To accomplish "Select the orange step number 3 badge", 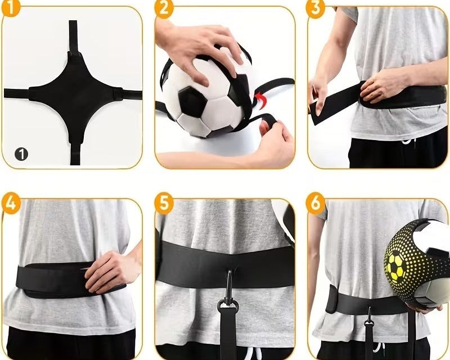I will (x=316, y=8).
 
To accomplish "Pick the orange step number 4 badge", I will (x=11, y=203).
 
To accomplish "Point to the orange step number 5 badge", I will (x=164, y=203).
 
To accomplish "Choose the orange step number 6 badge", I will (x=316, y=203).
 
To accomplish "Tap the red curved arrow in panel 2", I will (x=260, y=99).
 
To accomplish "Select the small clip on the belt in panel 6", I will (x=369, y=318).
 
